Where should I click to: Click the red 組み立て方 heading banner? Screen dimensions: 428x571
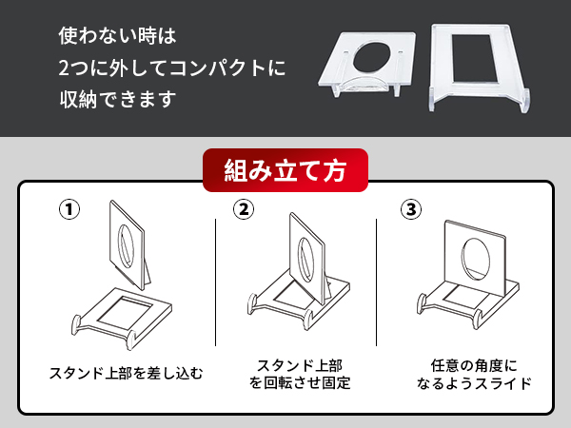[285, 171]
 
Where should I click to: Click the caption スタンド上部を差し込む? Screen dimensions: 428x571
[126, 371]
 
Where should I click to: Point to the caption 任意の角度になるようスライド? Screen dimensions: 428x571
[473, 374]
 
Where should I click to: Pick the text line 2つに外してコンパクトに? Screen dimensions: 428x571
[171, 69]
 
